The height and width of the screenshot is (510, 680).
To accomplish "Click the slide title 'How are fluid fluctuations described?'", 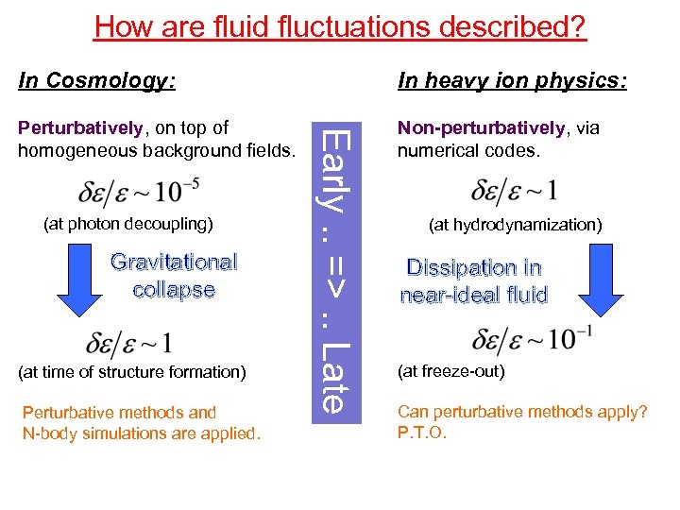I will [340, 25].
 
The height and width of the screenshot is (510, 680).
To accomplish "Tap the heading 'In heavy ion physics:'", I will [512, 80].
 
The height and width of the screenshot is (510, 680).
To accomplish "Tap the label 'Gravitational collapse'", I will [174, 276].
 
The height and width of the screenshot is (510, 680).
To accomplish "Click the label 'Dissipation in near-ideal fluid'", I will [474, 281].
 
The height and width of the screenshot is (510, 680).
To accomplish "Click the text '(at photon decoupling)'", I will [129, 225].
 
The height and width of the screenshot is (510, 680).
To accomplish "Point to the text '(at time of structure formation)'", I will [132, 372].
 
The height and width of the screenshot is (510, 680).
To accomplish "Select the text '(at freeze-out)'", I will [452, 371].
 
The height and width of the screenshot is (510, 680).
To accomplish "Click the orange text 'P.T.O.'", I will [422, 433].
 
